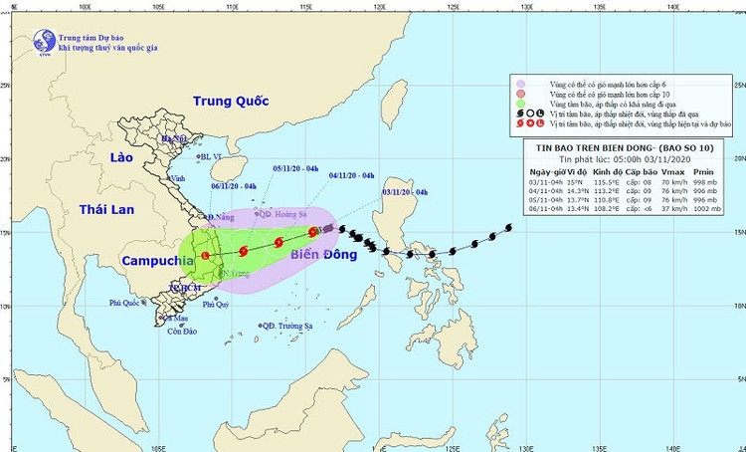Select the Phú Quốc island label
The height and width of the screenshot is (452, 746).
(x=128, y=304)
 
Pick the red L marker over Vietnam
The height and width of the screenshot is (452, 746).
(x=205, y=256)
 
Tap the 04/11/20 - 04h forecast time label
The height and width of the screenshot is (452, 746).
(x=350, y=174)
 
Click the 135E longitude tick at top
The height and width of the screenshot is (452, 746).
(x=600, y=5)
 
